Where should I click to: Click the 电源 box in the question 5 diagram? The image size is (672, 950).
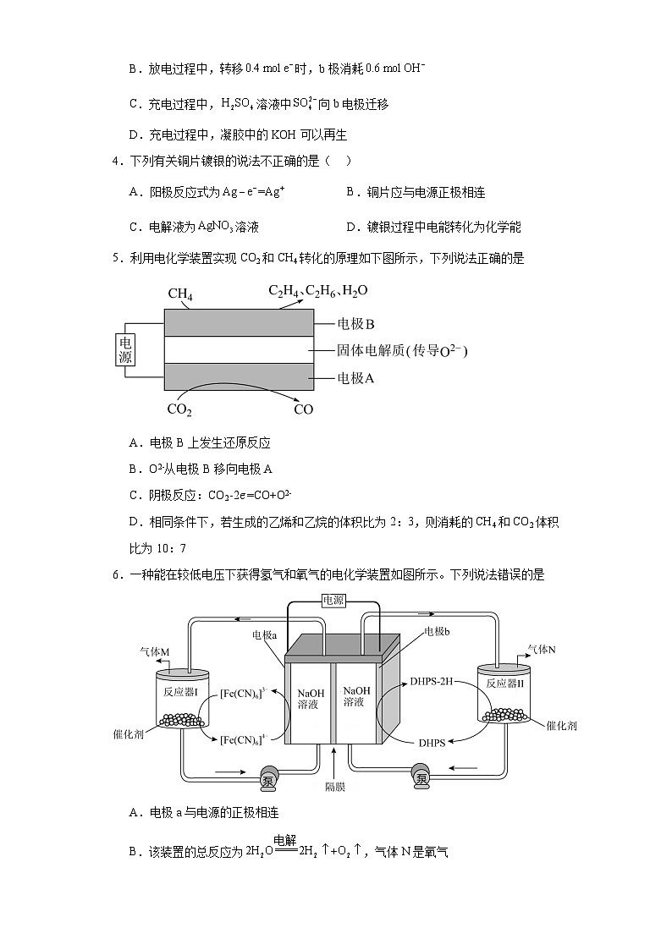tap(125, 349)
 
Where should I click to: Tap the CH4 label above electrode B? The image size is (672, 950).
tap(180, 294)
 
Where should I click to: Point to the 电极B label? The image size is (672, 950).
tap(355, 323)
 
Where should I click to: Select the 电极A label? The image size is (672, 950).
tap(355, 378)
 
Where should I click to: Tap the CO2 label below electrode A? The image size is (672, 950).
tap(179, 410)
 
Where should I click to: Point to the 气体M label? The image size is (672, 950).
tap(155, 651)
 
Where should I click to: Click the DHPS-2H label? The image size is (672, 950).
tap(432, 681)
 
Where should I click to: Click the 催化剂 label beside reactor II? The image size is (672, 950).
tap(561, 725)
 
